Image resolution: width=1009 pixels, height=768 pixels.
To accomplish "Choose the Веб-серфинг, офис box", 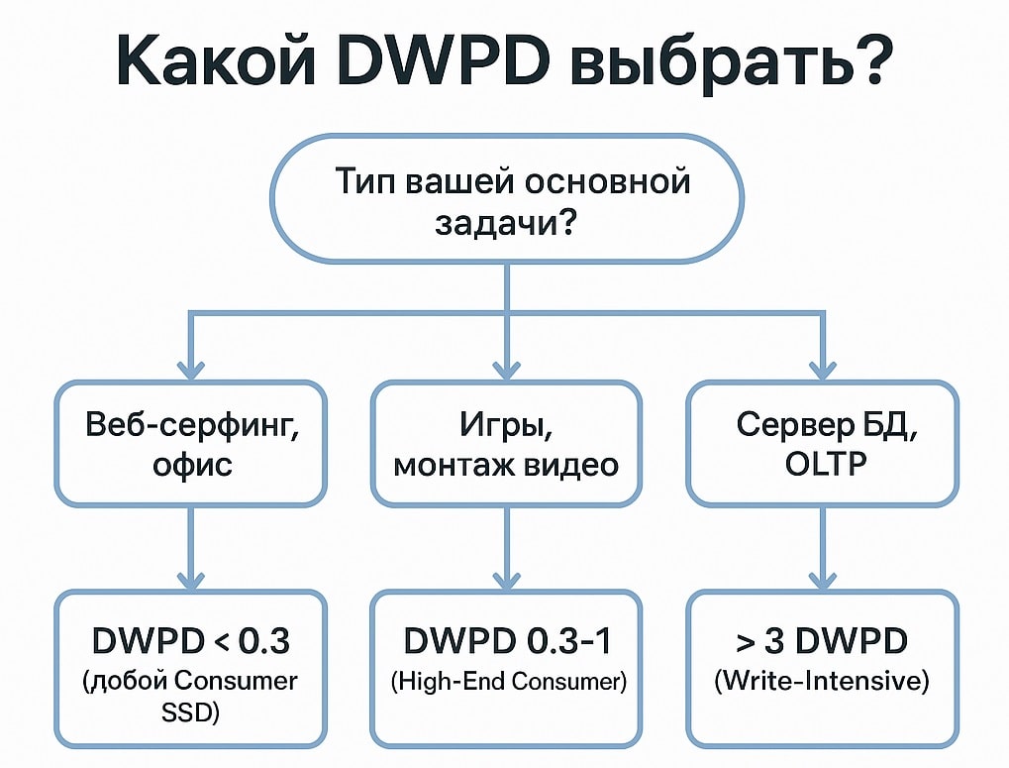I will coord(190,443).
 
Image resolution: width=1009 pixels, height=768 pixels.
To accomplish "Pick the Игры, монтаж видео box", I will coord(506,443).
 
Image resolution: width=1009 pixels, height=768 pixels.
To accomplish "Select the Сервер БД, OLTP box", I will coord(823,443).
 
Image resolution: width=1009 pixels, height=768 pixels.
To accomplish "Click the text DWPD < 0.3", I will coord(190,641).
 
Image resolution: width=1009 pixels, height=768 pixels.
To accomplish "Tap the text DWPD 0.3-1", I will coord(506,641).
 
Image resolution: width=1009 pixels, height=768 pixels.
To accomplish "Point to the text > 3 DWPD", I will coord(823,641).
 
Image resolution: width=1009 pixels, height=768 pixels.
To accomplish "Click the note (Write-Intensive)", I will coord(823,682).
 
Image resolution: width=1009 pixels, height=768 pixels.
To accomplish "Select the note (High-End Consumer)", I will coord(506,682).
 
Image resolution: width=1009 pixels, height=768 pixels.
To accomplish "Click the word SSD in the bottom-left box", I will coord(190,713).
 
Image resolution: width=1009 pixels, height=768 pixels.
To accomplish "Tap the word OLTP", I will coord(823,463).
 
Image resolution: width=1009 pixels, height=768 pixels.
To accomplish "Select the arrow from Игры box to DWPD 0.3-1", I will coord(506,545).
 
